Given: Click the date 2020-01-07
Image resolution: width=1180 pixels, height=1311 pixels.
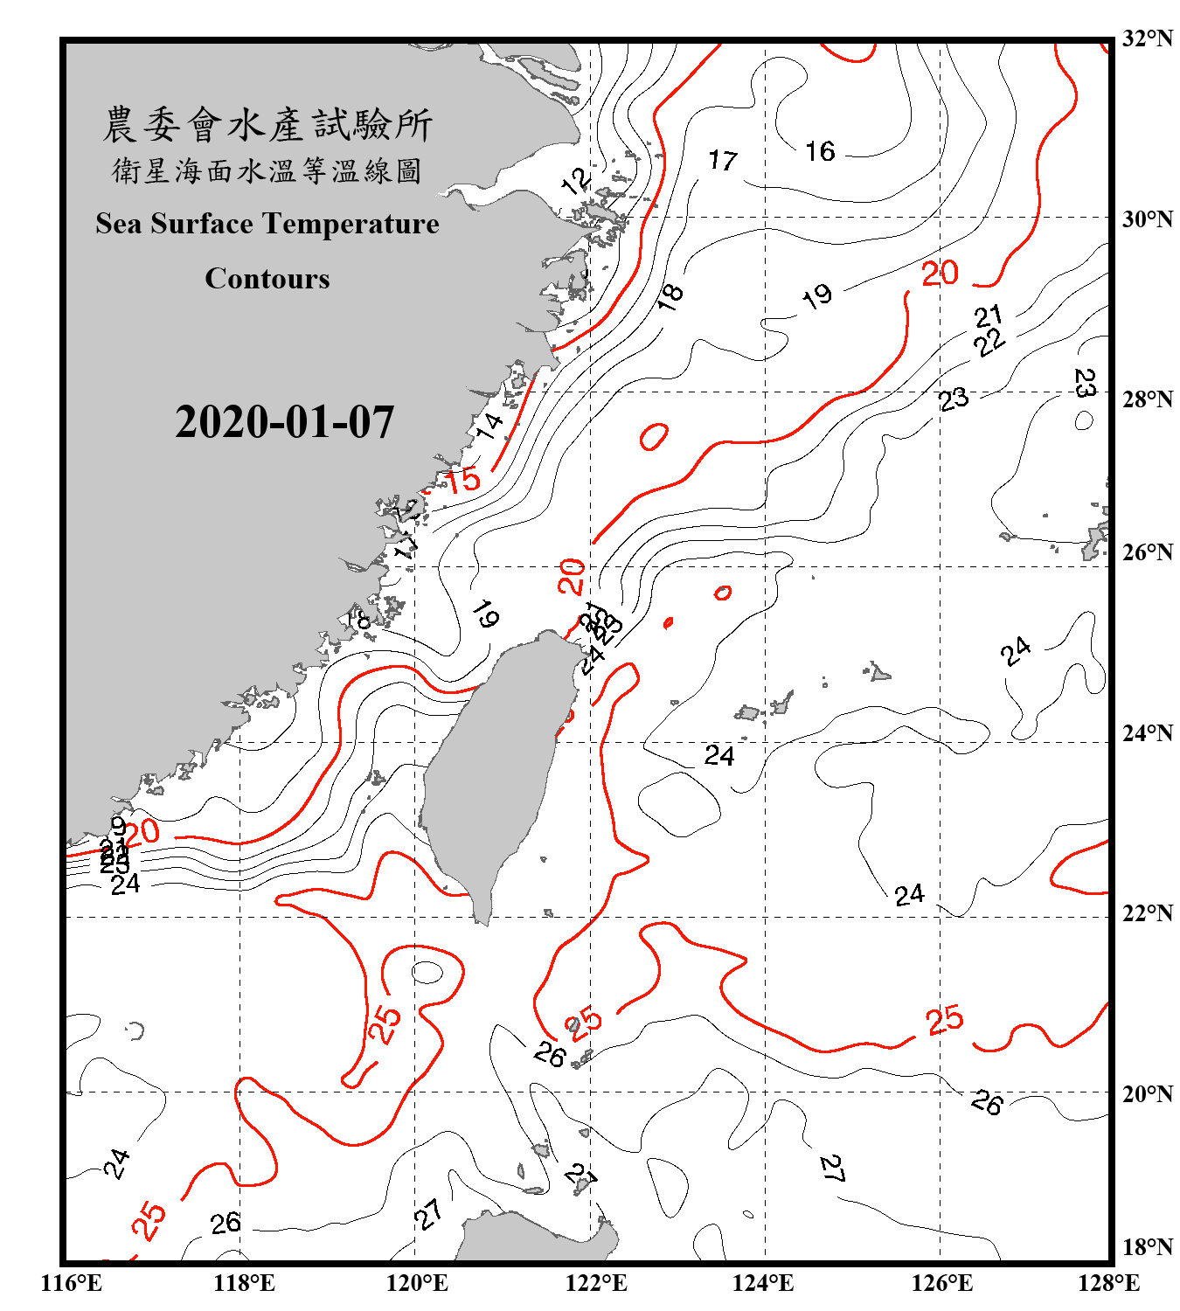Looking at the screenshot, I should tap(284, 422).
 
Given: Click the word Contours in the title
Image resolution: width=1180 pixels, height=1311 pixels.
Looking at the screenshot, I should tap(267, 278).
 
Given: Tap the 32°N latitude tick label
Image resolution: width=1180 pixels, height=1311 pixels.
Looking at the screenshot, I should tap(1147, 38).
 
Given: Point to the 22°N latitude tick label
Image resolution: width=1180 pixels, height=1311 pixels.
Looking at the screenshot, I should tap(1147, 913).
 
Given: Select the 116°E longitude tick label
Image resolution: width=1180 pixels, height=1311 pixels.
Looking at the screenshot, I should tap(71, 1283).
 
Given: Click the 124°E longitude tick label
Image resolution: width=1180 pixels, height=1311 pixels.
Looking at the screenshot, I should tap(763, 1283).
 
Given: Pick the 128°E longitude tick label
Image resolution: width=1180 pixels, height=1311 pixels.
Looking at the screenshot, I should tap(1108, 1283).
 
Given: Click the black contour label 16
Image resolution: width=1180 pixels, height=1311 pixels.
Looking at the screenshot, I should tap(820, 151).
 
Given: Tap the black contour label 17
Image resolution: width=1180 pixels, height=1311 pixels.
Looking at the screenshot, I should tap(723, 160).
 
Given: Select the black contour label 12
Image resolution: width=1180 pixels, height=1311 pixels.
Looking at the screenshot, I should tap(576, 182).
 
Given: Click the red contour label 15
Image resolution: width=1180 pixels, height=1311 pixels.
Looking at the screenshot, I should tap(463, 479).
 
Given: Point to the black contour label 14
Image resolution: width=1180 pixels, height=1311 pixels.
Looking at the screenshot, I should tap(489, 426).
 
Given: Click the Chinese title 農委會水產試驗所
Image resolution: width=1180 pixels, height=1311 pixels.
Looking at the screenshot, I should tap(267, 124).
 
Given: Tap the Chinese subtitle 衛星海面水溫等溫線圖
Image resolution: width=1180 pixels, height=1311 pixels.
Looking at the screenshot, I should tap(267, 170).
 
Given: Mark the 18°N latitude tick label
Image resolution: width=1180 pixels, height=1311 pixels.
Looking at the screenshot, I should tap(1147, 1247).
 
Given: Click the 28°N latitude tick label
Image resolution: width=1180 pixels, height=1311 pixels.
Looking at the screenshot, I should tap(1147, 399).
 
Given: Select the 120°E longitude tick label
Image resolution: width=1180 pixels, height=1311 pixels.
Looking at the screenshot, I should tap(417, 1283).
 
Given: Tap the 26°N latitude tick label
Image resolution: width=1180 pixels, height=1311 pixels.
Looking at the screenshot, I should tap(1147, 552).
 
